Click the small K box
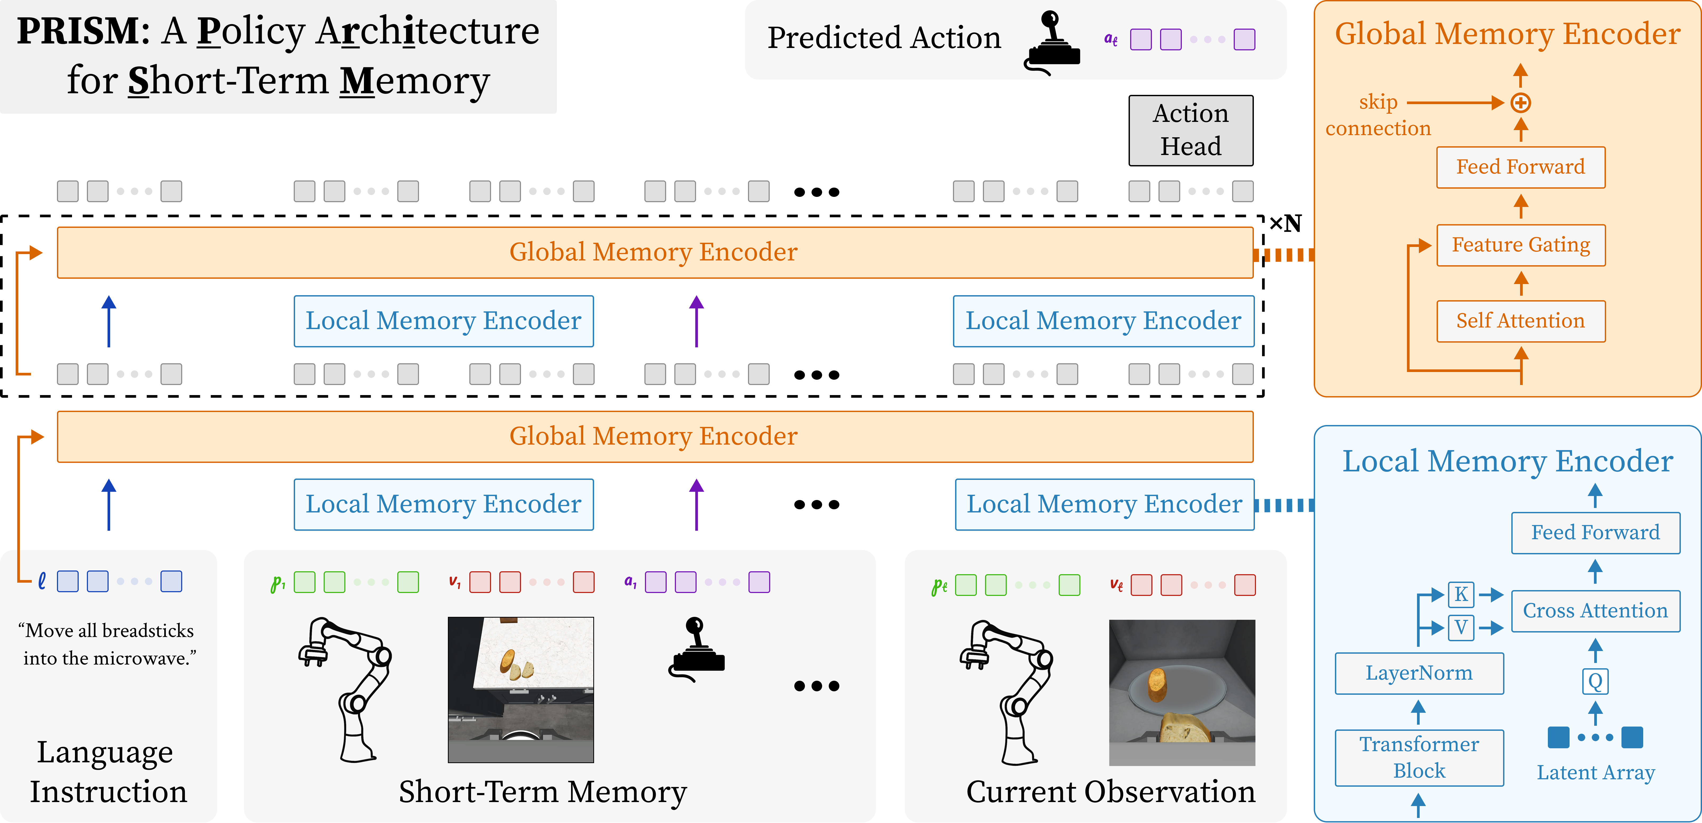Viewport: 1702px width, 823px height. pyautogui.click(x=1461, y=594)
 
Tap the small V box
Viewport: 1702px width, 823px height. pyautogui.click(x=1461, y=627)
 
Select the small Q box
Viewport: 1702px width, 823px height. pyautogui.click(x=1595, y=681)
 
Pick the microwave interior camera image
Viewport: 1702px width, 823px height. pyautogui.click(x=1181, y=692)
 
